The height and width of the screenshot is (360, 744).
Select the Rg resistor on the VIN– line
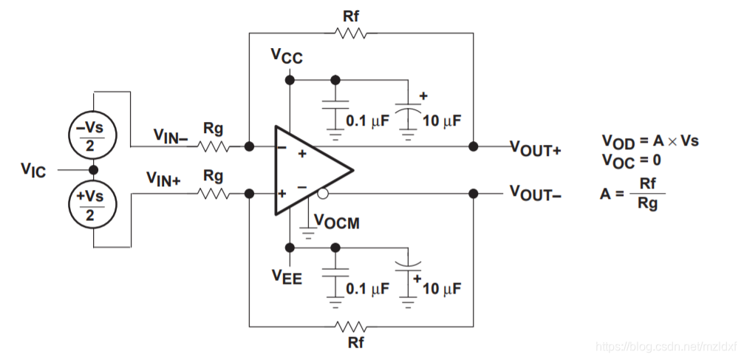pos(214,146)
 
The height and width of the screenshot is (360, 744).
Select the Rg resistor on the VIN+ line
pos(214,194)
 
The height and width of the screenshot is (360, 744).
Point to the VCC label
pos(287,56)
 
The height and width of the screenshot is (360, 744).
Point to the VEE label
pos(287,277)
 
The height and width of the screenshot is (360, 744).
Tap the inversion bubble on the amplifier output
pos(323,194)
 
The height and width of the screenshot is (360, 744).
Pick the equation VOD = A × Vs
pos(649,140)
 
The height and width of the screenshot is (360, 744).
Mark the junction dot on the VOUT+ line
pos(473,146)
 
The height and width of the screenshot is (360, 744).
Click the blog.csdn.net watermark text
pos(666,347)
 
